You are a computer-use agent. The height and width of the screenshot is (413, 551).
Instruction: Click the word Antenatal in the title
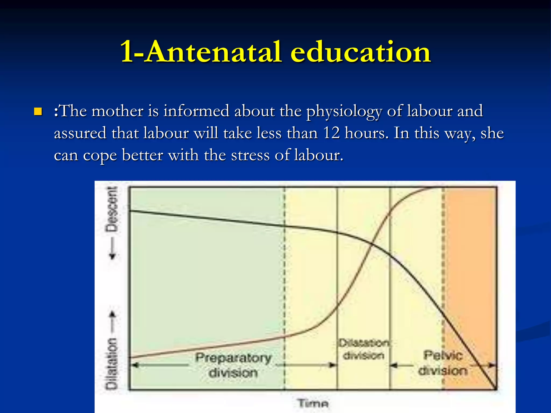214,52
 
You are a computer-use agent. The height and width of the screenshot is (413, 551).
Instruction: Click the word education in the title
361,52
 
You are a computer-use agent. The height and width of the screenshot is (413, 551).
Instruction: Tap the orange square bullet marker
38,111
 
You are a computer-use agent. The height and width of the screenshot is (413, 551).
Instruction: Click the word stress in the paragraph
250,155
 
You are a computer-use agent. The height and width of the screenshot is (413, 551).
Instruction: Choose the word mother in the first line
117,111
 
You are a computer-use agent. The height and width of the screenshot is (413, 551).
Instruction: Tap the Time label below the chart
313,403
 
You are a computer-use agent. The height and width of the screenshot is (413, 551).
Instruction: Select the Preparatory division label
233,365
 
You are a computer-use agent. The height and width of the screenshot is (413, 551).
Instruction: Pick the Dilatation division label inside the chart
364,349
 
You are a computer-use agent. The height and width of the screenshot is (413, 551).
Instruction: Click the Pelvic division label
443,363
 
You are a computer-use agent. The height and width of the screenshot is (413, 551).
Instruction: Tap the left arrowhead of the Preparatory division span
135,365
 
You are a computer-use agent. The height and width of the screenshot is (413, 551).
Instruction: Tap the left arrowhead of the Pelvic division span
394,365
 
